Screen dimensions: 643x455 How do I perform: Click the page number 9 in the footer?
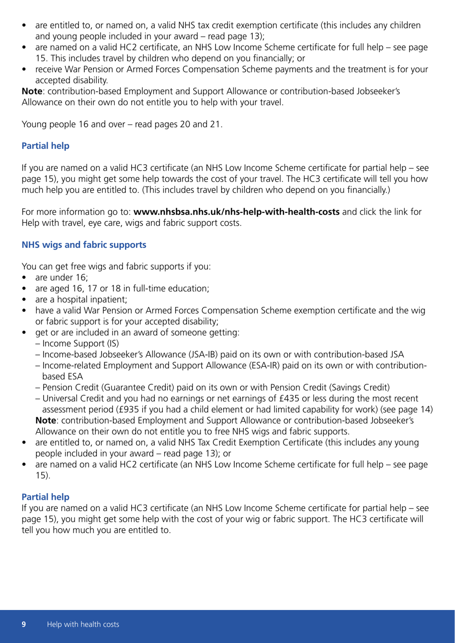coord(25,624)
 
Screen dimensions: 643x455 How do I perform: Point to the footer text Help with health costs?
coord(82,624)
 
